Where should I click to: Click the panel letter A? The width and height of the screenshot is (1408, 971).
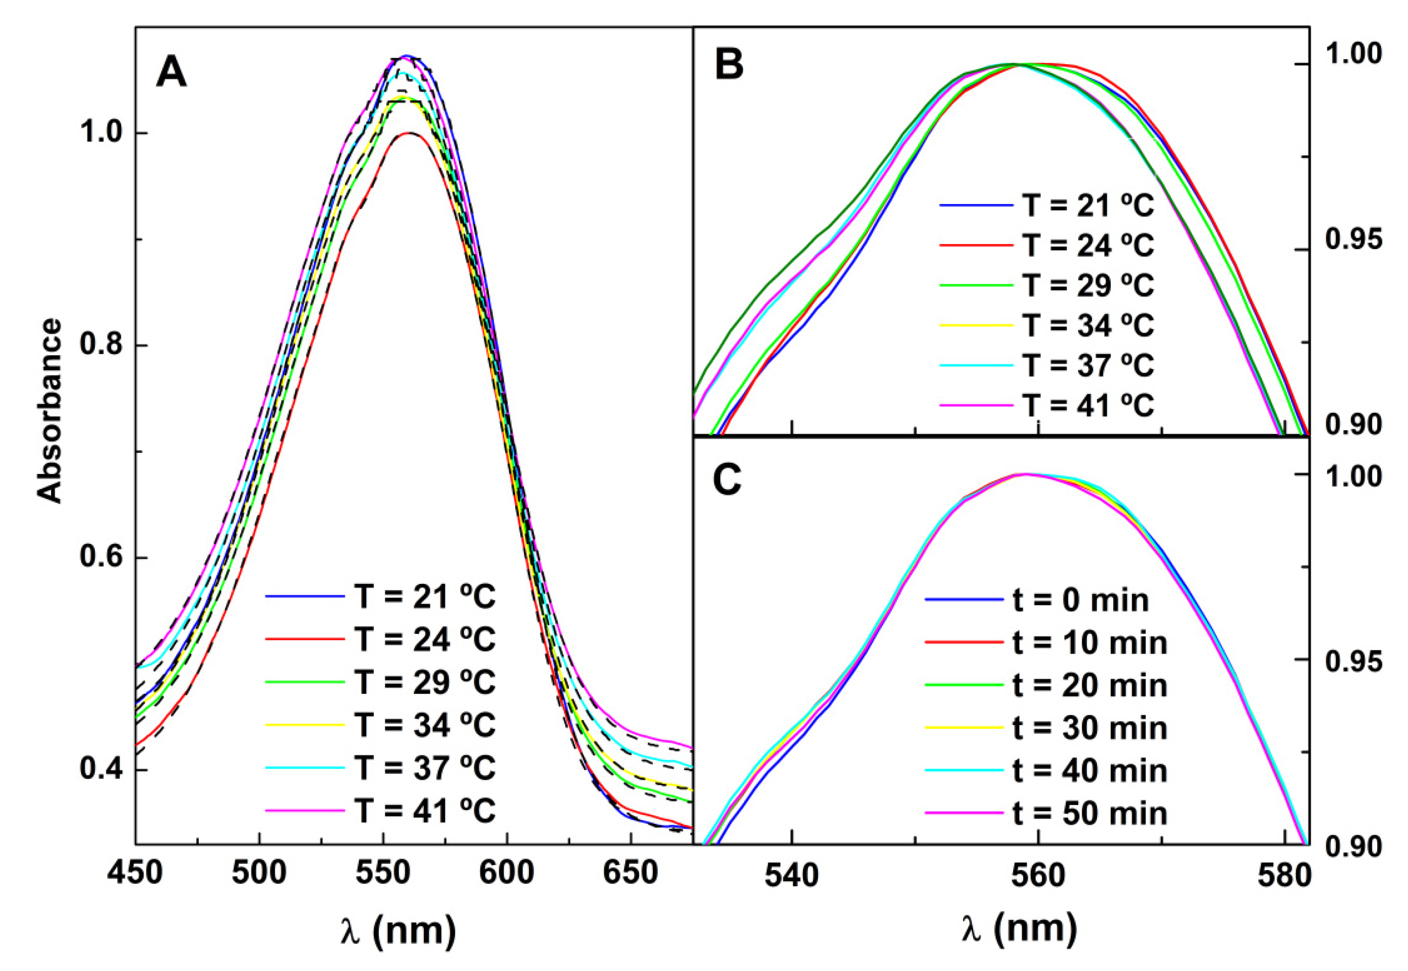click(x=172, y=74)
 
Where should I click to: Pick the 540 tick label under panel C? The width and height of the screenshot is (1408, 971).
click(x=791, y=876)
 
